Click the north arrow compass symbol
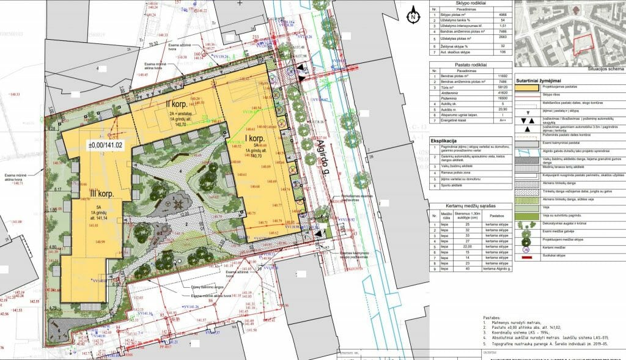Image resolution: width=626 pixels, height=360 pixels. [413, 17]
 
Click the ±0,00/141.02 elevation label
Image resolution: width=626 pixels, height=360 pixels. [105, 145]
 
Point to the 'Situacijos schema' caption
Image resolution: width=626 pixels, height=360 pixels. [603, 70]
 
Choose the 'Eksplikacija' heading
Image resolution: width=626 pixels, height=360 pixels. [445, 141]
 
